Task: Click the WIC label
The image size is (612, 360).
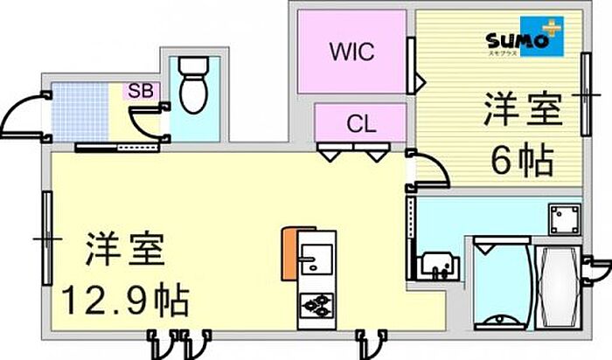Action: (352, 51)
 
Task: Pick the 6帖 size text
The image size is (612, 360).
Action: (522, 161)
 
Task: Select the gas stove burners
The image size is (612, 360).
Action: (315, 306)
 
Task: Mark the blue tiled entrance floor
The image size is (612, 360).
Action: (80, 113)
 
